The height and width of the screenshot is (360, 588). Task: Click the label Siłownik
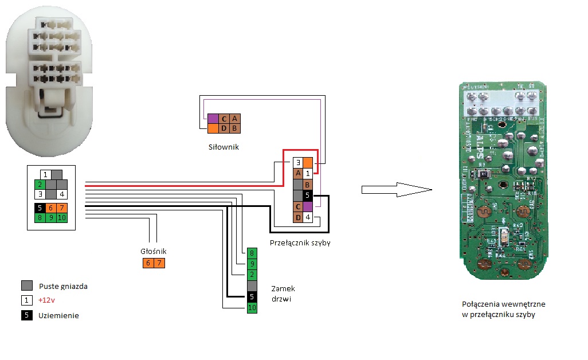224,147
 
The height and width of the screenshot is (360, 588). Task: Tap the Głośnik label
152,251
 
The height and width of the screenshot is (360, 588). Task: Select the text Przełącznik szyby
300,242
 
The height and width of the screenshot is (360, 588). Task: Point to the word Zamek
283,288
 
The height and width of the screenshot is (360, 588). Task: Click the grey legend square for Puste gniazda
26,285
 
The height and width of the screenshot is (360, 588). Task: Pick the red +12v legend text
47,300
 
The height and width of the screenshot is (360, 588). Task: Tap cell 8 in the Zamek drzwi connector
252,253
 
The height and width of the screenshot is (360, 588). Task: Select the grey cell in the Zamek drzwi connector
252,286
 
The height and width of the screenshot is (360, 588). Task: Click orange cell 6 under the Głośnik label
148,263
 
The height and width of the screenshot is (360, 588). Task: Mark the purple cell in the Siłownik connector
213,118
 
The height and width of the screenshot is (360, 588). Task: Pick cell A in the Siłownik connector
234,118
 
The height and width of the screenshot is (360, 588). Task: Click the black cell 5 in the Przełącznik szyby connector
308,195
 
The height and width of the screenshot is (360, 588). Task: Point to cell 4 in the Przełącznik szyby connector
308,217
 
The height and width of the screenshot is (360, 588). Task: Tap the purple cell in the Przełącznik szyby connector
308,206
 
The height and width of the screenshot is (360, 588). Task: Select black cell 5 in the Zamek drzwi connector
252,297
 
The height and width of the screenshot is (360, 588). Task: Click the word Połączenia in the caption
481,304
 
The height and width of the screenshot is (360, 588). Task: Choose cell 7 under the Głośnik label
159,263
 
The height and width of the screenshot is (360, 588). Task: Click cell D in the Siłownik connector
224,128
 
